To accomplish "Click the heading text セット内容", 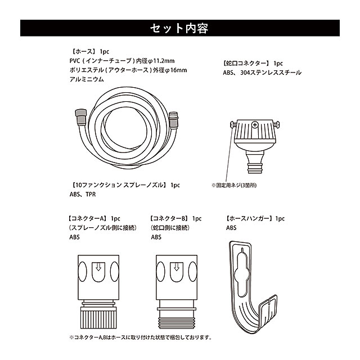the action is click(179, 28).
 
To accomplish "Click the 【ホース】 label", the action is click(83, 51).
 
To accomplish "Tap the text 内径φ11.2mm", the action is click(155, 61).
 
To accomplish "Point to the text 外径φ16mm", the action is click(170, 70).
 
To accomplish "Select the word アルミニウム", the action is click(87, 79).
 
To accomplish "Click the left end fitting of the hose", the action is click(81, 117).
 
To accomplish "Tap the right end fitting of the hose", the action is click(173, 120).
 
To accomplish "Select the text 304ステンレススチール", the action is click(271, 73).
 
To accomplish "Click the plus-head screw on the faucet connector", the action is click(255, 125).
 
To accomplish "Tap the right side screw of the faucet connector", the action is click(276, 124).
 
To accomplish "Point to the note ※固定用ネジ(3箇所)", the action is click(234, 185).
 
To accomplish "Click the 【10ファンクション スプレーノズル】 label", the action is click(119, 185).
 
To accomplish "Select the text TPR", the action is click(91, 194).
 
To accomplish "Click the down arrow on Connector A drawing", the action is click(98, 267).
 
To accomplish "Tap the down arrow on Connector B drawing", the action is click(177, 267).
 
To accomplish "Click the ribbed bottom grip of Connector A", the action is click(98, 319).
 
